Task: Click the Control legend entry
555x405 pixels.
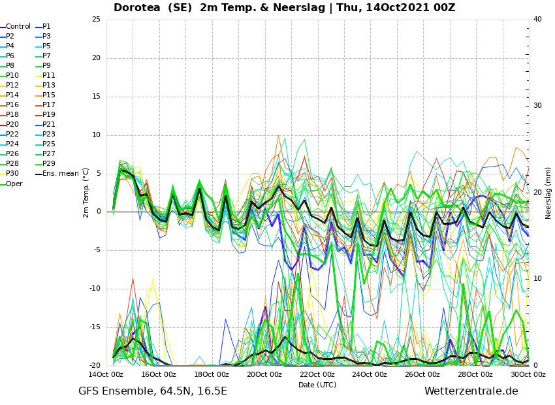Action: coord(15,27)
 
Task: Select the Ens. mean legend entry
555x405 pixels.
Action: coord(57,174)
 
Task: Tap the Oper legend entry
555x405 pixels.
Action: coord(11,184)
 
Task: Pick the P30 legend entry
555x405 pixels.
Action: coord(10,174)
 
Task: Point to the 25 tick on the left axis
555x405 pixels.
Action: coord(96,19)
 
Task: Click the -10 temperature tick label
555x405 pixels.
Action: coord(95,289)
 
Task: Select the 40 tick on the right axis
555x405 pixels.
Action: coord(537,19)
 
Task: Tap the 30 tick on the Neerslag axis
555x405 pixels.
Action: coord(537,106)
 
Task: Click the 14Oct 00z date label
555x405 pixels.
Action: coord(106,374)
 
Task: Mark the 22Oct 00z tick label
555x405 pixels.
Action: coord(317,374)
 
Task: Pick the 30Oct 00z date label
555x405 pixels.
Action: coord(528,374)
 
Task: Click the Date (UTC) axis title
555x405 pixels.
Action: coord(317,385)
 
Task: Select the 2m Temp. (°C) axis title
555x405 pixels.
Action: coord(86,193)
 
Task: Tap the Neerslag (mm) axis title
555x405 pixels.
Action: coord(548,193)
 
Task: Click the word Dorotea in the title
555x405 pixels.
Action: coord(136,7)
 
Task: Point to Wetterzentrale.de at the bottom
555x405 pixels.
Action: coord(471,391)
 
